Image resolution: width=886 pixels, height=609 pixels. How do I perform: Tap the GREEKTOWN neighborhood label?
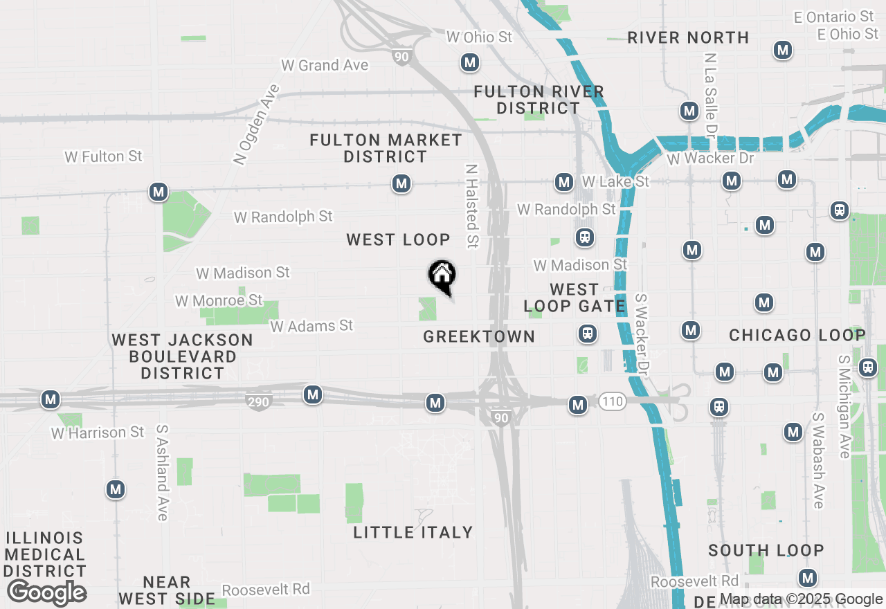point(479,336)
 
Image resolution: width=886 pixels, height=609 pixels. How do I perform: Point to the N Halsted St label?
point(472,206)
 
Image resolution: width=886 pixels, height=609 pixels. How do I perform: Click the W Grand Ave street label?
point(325,66)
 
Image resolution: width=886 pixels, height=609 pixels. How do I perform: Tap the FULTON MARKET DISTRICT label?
point(386,148)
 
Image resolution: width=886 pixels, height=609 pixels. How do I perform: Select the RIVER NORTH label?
point(688,37)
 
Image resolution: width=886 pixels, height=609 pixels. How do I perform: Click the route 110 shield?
point(612,401)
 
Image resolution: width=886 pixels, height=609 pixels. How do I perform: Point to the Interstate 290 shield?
point(258,401)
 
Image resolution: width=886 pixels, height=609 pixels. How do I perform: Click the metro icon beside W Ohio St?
point(470,63)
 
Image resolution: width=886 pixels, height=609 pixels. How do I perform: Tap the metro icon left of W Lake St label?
point(564,183)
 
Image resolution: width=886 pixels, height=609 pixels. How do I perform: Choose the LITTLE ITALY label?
point(413,532)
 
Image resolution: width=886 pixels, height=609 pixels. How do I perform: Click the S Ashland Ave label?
point(163,473)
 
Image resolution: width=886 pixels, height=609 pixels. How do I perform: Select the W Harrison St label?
point(98,433)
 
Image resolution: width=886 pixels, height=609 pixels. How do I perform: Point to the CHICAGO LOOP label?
point(797,336)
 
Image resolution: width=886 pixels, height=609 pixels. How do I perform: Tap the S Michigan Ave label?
point(844,407)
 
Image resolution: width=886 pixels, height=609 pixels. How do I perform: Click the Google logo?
point(46,593)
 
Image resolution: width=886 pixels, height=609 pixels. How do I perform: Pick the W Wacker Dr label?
point(709,159)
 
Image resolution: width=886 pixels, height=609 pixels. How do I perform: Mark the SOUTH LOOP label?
point(766,550)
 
